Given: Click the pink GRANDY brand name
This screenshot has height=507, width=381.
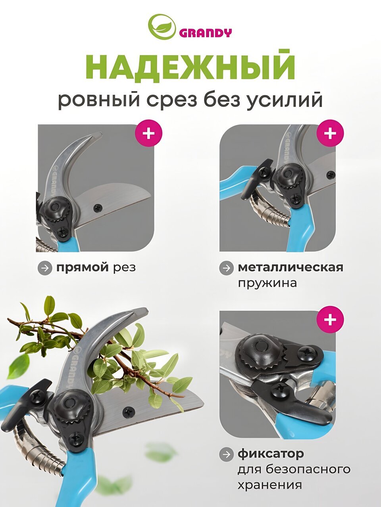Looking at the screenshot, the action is coord(205,33).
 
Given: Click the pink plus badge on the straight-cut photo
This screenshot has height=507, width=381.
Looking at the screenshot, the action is coord(148,133).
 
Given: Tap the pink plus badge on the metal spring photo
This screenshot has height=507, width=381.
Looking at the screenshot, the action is coord(330,133).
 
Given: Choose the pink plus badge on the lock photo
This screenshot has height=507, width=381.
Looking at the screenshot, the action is coord(330,319).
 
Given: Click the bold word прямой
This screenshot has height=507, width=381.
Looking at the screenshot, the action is coord(83,268).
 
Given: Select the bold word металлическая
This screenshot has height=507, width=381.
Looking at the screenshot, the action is coord(291,267).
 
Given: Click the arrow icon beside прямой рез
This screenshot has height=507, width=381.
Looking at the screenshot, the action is coord(44,268).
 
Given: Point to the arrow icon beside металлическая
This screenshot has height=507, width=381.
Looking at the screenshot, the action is coord(226,268).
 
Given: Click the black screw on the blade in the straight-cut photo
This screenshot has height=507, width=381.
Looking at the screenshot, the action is coord(98,208).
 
